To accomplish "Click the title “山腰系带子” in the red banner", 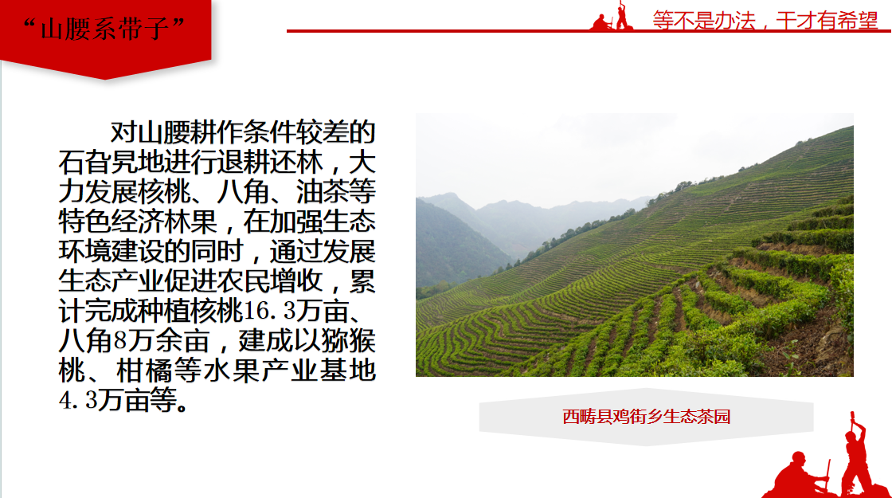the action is (x=104, y=29).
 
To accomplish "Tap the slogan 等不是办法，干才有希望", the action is (x=765, y=21).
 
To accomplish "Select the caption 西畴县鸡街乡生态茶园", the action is (x=646, y=417).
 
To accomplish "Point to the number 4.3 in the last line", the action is (x=79, y=400).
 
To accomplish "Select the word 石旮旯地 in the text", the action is (x=111, y=162).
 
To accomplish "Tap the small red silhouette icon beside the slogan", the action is (x=611, y=16).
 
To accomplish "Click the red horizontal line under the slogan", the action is (x=589, y=31).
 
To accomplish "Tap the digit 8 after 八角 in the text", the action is (x=120, y=340).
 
